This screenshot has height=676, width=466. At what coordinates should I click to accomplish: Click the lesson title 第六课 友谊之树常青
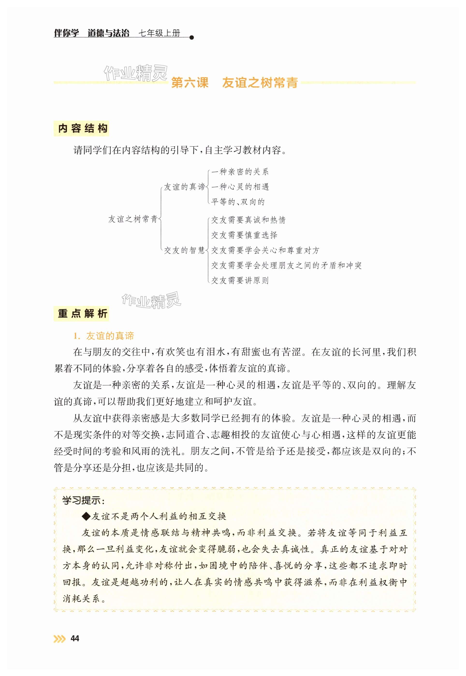point(234,83)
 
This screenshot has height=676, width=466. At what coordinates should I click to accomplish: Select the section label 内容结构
point(81,129)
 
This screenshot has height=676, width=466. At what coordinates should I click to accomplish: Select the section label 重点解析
point(81,314)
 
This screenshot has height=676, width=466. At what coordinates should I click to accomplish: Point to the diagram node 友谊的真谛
point(184,187)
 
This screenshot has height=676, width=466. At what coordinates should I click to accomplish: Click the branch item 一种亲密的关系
point(240,172)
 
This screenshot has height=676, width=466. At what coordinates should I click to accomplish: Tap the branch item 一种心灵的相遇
point(240,187)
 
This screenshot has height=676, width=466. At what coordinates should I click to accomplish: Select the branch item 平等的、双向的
point(238,202)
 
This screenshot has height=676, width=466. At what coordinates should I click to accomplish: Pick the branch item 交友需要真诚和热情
point(248,220)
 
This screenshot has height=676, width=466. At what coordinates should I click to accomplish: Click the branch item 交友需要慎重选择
point(244,235)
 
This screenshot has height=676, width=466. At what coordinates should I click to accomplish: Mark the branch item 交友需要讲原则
point(240,281)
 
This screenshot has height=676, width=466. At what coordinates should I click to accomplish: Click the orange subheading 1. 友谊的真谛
point(104,336)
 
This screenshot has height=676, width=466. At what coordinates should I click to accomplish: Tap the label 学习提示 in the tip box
point(83,501)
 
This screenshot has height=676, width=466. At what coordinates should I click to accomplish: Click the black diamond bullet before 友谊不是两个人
point(87,516)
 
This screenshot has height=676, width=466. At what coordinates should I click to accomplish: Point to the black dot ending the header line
point(192,37)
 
